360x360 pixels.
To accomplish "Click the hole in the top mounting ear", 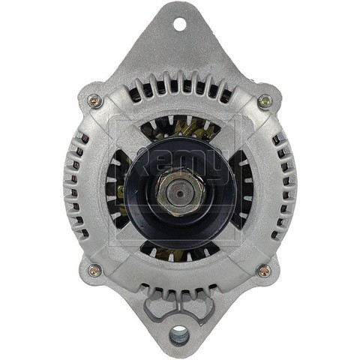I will (x=179, y=24).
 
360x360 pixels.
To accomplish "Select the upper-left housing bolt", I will (x=94, y=100).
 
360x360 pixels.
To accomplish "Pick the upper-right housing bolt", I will (x=264, y=100).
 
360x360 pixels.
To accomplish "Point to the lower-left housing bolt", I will (x=94, y=270).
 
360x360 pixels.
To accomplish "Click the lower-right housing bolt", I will (x=264, y=270).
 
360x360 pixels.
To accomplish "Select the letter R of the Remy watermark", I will (x=142, y=159).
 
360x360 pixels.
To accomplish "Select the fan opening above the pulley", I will (x=179, y=129).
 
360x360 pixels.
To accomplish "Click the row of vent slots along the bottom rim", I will (x=179, y=289).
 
